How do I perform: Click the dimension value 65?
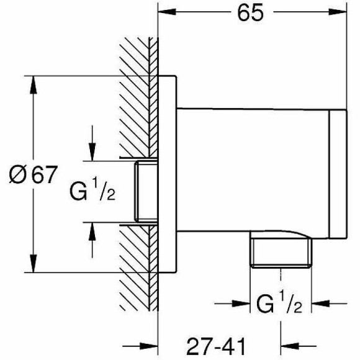pos(250,13)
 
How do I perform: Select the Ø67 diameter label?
pos(33,174)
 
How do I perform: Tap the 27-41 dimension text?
pos(216,346)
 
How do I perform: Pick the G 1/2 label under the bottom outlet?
pos(279,304)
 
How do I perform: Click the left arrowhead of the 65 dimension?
pos(167,12)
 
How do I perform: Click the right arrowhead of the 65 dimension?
pos(338,12)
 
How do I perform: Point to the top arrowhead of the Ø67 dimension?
pos(34,84)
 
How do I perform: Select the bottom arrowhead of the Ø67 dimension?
pos(34,263)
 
